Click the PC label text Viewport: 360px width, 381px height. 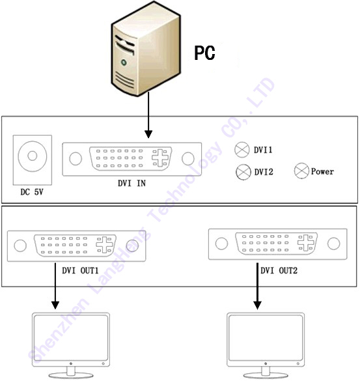(204, 53)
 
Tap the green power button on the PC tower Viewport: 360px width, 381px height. (124, 63)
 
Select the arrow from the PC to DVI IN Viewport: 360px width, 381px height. (148, 115)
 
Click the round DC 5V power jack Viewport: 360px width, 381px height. (33, 156)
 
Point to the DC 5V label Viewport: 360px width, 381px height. (32, 192)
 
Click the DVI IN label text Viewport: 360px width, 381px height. (132, 183)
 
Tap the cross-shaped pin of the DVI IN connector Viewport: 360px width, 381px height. (160, 158)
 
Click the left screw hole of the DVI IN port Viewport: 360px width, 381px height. (76, 158)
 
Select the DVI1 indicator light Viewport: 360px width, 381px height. (242, 150)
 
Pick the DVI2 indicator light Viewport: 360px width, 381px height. (243, 172)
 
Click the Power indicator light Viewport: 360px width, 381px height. (301, 171)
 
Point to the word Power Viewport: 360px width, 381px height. (322, 171)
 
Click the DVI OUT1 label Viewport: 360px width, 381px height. (80, 270)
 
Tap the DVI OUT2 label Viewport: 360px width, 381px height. (279, 270)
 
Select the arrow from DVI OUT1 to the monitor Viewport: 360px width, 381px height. (55, 286)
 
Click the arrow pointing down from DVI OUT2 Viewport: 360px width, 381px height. (258, 286)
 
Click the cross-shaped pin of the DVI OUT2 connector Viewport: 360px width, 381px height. (305, 242)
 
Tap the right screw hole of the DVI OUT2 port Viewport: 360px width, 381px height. (333, 244)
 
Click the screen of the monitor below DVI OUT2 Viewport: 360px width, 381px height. (266, 338)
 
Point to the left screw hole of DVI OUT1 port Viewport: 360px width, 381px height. (20, 246)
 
